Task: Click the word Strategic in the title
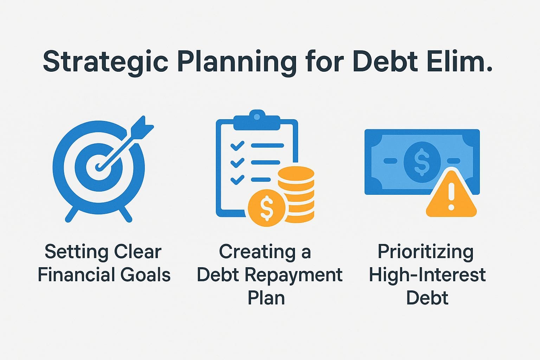click(106, 62)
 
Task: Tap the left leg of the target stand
click(72, 214)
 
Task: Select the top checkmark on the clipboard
click(237, 145)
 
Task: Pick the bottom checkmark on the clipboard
click(237, 179)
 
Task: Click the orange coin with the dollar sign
click(266, 208)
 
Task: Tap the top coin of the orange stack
click(296, 174)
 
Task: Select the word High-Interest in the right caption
click(427, 275)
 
